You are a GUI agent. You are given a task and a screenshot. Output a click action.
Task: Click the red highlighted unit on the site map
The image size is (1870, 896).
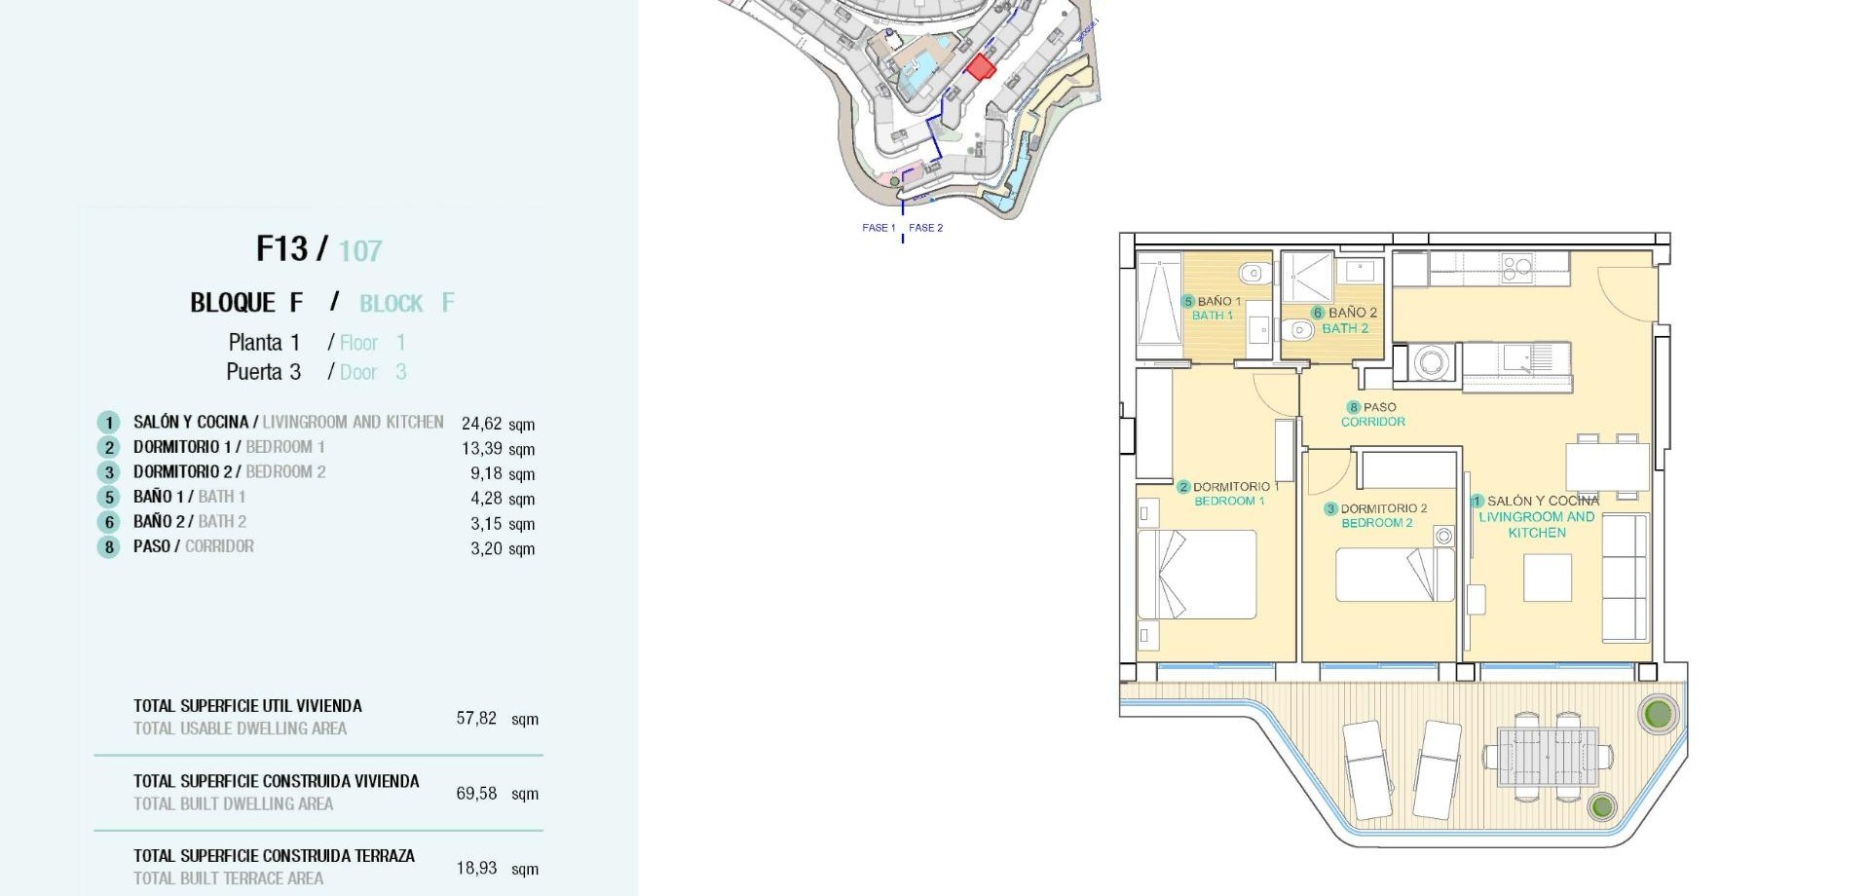pos(980,67)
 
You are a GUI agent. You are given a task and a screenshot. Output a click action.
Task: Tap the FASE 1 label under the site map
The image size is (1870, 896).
pos(878,228)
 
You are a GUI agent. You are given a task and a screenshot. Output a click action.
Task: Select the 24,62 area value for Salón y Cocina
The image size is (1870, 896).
pos(482,424)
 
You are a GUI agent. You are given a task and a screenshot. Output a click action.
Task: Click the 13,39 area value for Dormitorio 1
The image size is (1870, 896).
pos(482,449)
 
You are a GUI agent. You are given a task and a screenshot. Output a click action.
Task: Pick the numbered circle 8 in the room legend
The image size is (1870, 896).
pos(108,547)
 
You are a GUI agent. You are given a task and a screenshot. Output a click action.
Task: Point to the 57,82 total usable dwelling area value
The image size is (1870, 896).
pos(476,719)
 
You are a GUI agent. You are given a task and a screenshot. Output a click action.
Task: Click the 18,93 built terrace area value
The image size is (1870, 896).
pos(476,868)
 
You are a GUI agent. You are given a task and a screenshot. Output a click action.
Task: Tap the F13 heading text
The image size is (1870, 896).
pos(281,249)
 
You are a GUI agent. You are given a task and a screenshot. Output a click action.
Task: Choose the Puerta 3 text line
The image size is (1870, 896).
pos(263,372)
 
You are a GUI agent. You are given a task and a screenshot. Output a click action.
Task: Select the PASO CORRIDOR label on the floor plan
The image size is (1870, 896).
pos(1373,415)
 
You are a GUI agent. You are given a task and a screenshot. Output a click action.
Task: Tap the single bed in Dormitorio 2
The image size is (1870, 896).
pos(1394,575)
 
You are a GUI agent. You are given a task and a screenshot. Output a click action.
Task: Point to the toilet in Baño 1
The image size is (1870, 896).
pos(1253,274)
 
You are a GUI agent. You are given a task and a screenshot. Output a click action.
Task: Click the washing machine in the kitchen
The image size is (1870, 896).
pos(1430,363)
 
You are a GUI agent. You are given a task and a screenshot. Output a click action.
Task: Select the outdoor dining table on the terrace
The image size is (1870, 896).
pos(1547,757)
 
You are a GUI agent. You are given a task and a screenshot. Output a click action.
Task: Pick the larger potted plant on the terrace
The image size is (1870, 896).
pos(1657,714)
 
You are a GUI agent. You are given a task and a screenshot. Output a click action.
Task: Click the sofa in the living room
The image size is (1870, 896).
pos(1625,578)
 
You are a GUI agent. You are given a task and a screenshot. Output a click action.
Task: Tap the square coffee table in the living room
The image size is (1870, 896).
pos(1548,578)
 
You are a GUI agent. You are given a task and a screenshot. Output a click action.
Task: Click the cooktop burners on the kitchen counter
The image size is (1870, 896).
pos(1516,267)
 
